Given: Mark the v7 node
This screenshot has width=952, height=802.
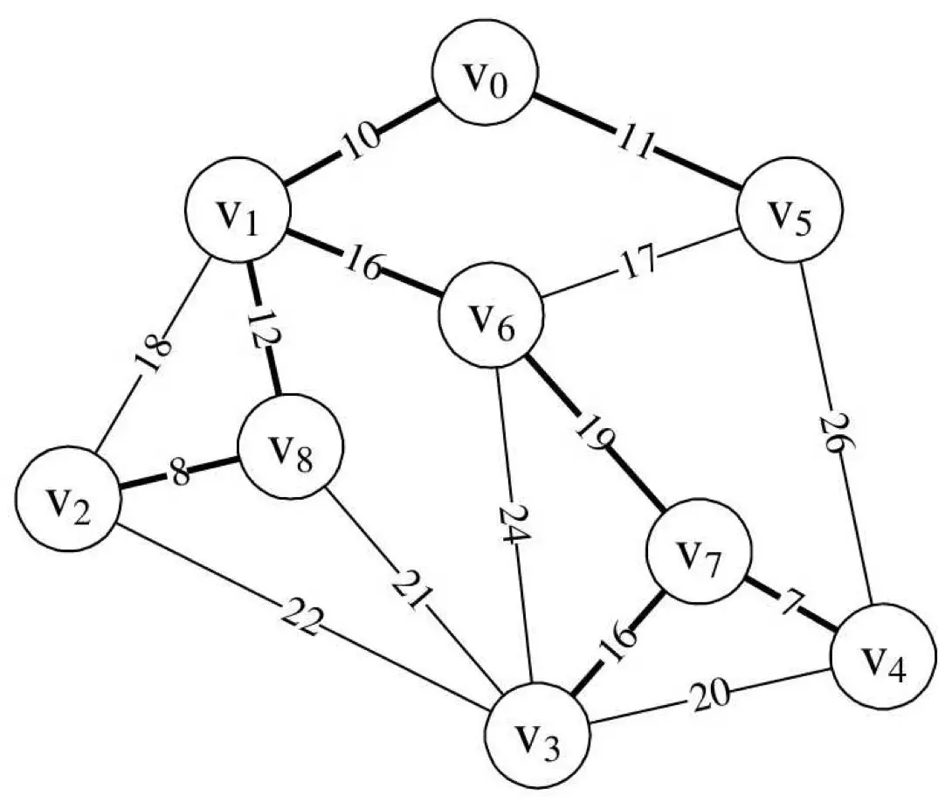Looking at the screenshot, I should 697,551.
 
